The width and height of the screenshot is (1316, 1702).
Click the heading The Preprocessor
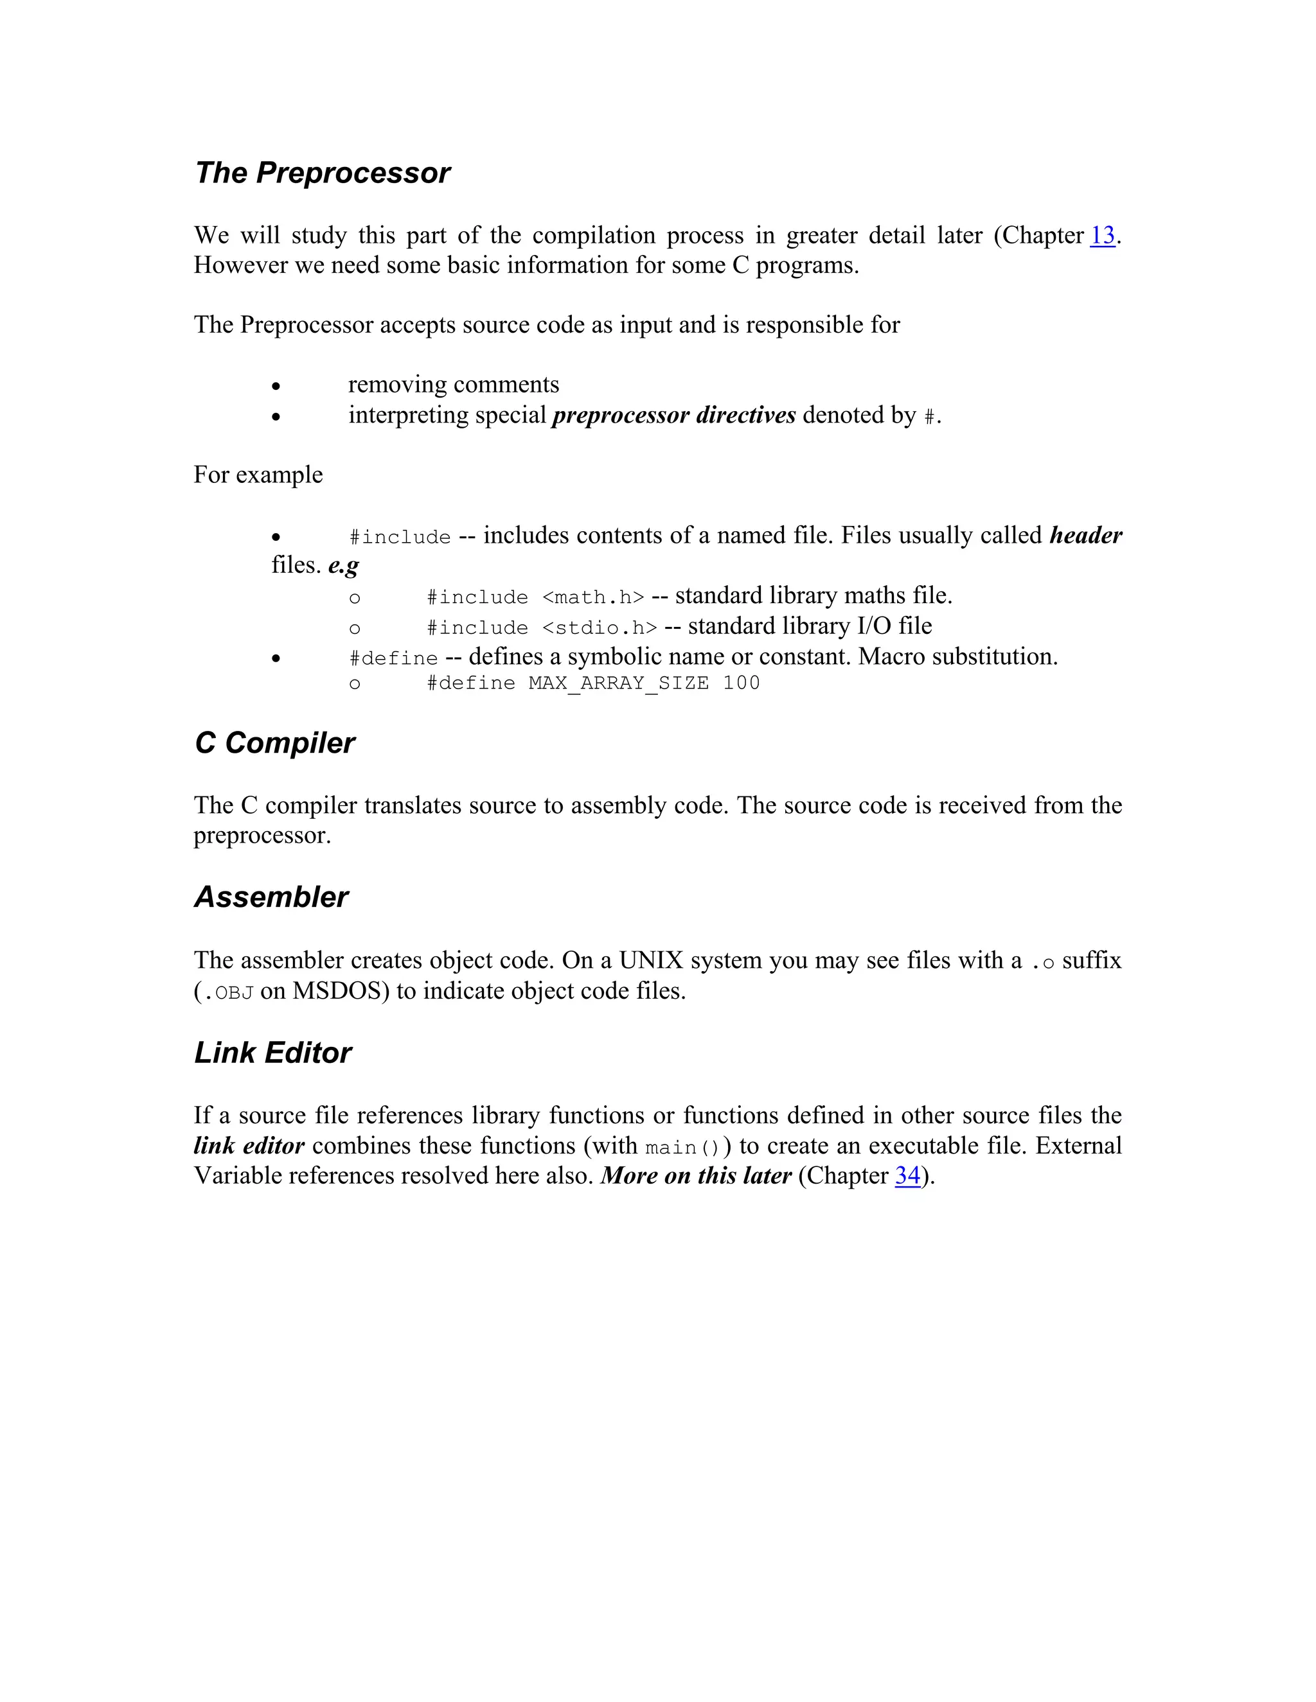322,173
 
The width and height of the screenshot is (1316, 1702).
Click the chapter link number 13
1101,235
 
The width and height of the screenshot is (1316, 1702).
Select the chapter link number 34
907,1175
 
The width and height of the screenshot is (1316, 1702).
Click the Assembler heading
271,897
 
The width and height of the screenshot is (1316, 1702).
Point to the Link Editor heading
273,1053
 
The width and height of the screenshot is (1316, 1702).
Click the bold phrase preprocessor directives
673,416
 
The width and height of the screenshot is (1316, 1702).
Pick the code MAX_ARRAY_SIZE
618,683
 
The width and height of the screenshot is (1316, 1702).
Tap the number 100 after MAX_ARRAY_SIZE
741,683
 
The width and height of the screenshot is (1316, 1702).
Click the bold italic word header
1085,536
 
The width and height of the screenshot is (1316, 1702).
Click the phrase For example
258,475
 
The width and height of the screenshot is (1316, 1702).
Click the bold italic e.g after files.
343,565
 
